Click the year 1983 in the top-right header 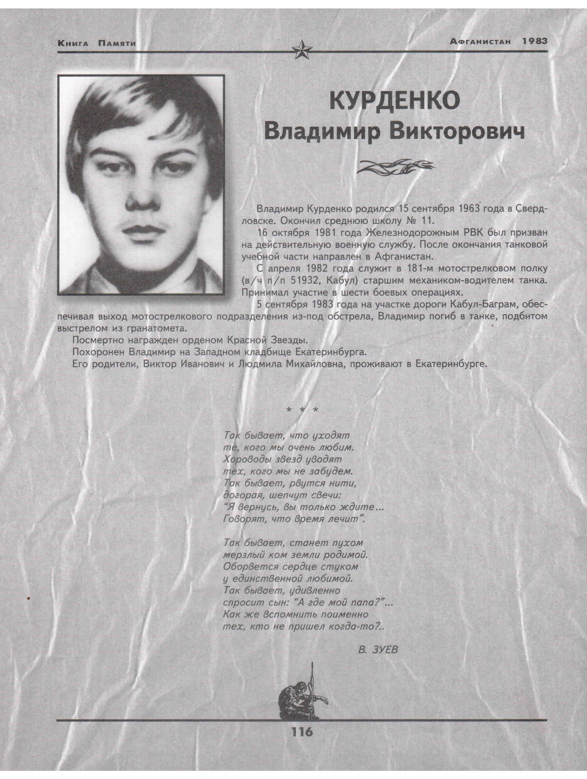pyautogui.click(x=535, y=41)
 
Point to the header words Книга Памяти pyautogui.click(x=97, y=44)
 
